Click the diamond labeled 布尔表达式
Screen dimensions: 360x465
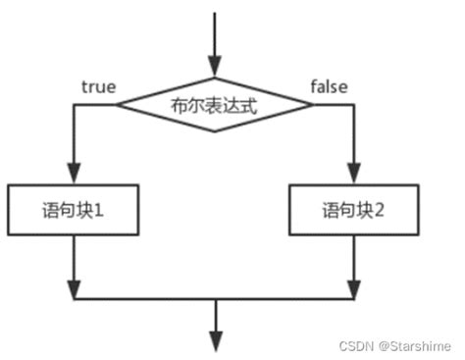211,103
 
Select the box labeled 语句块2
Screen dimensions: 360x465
354,209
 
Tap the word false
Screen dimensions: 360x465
330,86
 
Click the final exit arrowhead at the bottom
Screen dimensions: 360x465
211,338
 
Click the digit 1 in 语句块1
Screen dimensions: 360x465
102,209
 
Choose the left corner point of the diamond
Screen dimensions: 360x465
117,103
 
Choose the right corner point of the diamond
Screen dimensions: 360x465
306,103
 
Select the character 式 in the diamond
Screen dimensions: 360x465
246,103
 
